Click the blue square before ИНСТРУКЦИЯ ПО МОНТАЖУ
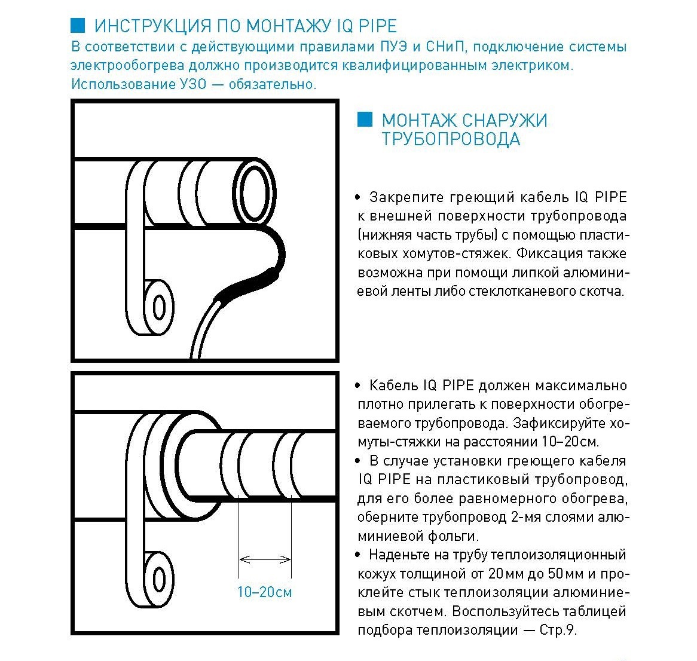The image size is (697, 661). point(78,25)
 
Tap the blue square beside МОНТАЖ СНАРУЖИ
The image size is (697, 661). point(364,119)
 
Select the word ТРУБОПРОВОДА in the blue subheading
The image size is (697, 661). point(451,139)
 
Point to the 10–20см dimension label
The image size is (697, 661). point(265,592)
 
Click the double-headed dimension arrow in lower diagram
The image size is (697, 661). point(265,560)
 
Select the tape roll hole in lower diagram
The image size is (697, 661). point(159,579)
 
